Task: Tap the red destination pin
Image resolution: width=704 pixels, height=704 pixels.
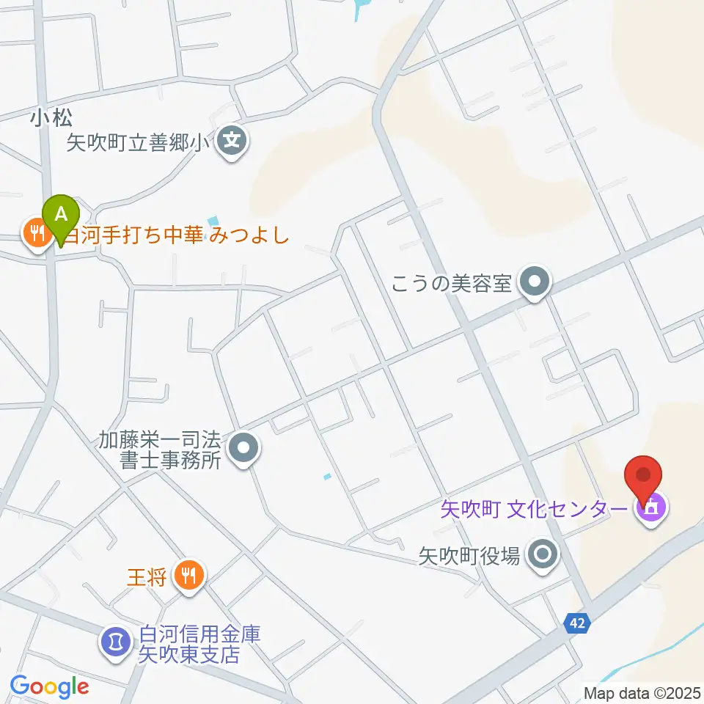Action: [643, 476]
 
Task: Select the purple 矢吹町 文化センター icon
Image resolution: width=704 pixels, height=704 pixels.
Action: [650, 507]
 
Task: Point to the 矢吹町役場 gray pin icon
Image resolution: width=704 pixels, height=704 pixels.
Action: [543, 554]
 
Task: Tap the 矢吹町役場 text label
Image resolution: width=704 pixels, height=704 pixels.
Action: [469, 557]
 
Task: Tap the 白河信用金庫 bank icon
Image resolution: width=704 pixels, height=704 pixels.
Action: [114, 639]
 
